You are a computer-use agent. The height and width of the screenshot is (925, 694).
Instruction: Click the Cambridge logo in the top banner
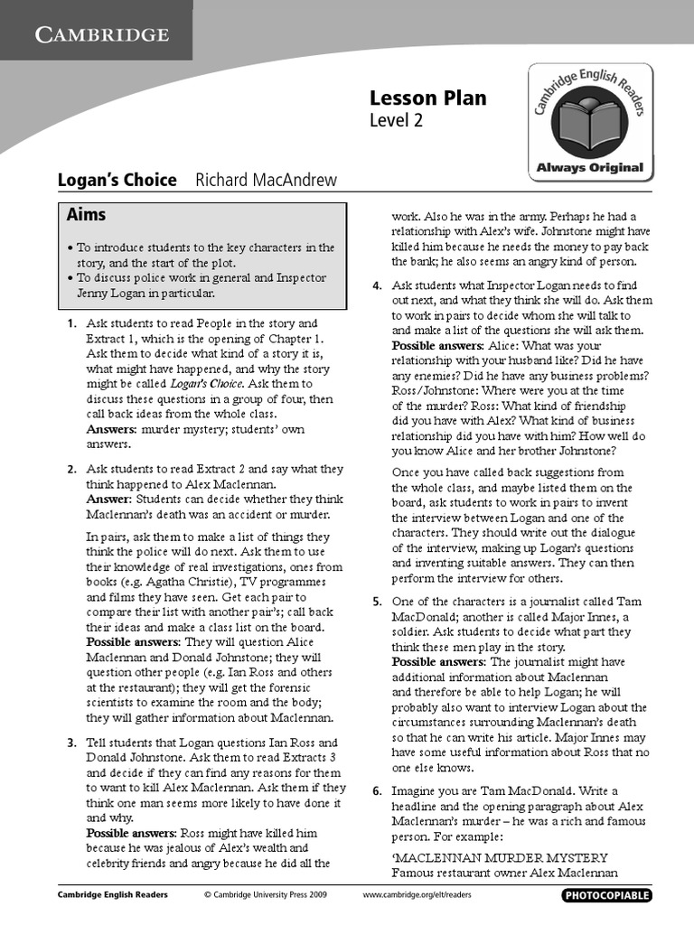coord(102,34)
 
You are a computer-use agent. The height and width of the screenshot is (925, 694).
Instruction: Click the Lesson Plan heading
coord(427,98)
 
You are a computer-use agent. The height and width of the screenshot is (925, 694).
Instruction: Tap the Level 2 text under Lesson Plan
coord(396,120)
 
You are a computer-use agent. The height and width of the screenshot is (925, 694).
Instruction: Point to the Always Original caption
coord(589,167)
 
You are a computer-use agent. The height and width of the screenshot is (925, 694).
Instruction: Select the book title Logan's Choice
coord(117,180)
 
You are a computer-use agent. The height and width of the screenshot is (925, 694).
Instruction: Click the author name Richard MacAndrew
coord(266,180)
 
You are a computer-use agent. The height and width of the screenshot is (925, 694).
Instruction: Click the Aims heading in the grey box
coord(86,214)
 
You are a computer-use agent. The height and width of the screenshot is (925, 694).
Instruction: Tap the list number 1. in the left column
coord(71,322)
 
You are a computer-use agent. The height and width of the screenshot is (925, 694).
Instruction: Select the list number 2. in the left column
coord(71,469)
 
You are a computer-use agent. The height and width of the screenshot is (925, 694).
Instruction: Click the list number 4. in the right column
coord(377,286)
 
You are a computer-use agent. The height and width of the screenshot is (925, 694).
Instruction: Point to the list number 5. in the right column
coord(377,601)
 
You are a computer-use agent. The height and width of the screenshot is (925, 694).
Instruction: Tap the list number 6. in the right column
coord(377,790)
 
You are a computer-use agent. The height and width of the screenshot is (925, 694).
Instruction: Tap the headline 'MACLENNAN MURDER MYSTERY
coord(500,857)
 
